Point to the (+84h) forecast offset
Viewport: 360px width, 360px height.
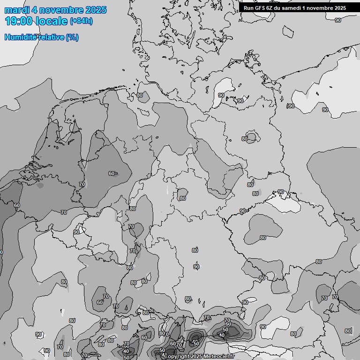pos(81,21)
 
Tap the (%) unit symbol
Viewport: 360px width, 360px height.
pos(72,37)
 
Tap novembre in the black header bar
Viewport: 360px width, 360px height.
pos(321,7)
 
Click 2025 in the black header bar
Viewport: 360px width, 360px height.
pos(340,7)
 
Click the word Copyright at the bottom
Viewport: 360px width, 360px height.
pos(177,357)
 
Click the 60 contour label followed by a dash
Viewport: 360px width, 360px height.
pos(112,173)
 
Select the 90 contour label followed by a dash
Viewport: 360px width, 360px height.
pos(243,211)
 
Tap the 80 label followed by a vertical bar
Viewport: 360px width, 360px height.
pos(348,330)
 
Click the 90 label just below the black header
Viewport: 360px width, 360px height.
pos(338,20)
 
